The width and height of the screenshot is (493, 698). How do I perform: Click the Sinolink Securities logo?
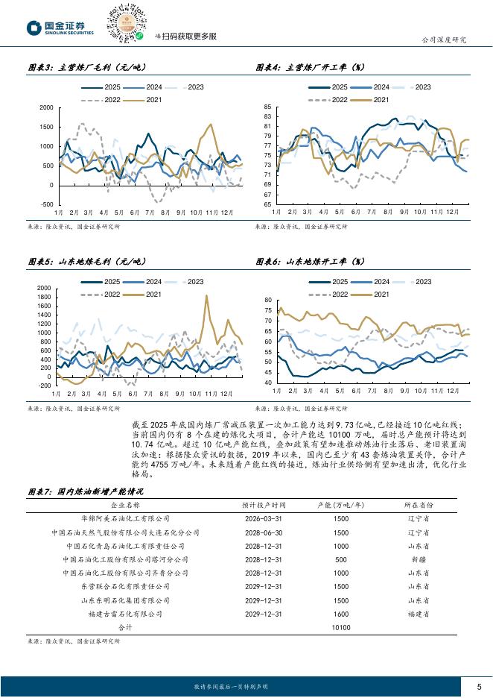[x=60, y=28]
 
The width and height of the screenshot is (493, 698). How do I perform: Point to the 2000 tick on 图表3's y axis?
[x=45, y=108]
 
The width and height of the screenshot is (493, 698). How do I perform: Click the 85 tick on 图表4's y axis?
[x=267, y=108]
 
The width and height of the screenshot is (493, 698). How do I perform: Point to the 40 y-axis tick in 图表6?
[x=267, y=383]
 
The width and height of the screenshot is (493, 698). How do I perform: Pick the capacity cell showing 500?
[x=341, y=559]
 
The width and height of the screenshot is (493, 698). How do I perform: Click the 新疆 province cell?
[x=419, y=559]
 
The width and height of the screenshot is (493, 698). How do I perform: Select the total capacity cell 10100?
[x=341, y=628]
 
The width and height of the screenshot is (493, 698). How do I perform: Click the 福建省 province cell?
[x=419, y=614]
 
